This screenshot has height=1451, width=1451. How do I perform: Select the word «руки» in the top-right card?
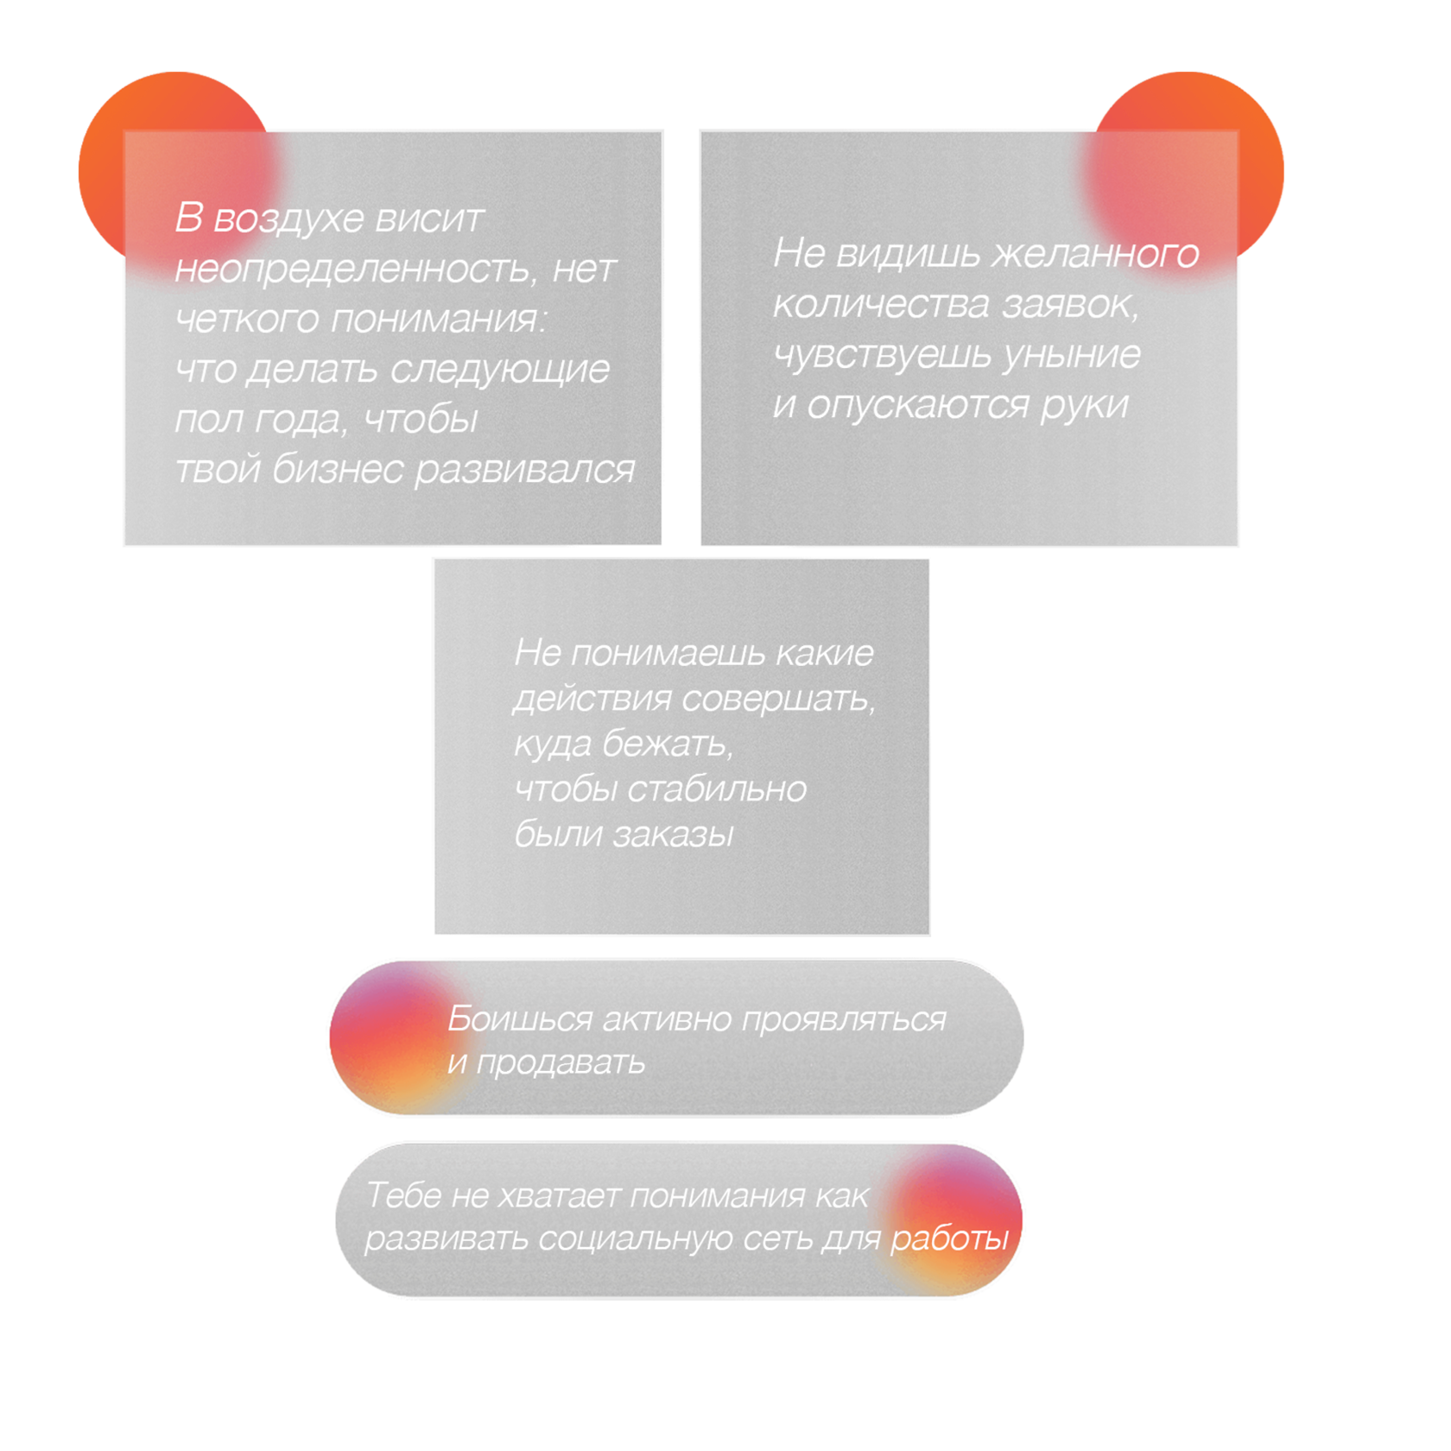[x=1084, y=405]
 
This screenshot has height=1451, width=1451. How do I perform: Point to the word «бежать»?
[x=667, y=744]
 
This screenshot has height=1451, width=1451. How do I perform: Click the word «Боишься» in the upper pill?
[x=519, y=1020]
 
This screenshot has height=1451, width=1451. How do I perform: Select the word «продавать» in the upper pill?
[x=561, y=1063]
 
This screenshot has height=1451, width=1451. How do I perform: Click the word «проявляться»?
[x=844, y=1020]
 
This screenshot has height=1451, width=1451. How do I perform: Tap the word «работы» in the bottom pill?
[x=949, y=1239]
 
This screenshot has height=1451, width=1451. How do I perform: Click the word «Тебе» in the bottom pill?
[x=403, y=1196]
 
